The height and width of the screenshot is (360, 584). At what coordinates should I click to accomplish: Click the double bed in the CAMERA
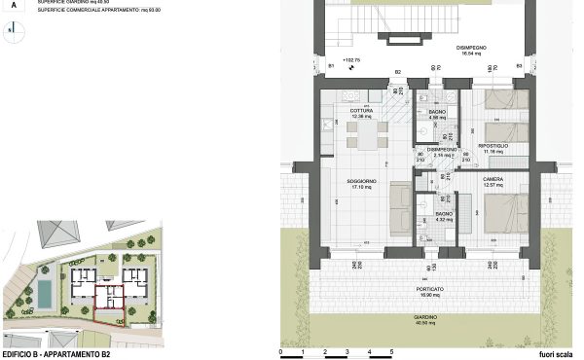click(x=507, y=210)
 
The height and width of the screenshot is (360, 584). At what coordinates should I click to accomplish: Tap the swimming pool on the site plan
click(x=46, y=290)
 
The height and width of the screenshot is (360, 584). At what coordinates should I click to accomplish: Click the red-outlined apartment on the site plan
click(x=108, y=306)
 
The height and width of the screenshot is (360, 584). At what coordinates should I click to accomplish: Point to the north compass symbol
click(x=10, y=29)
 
